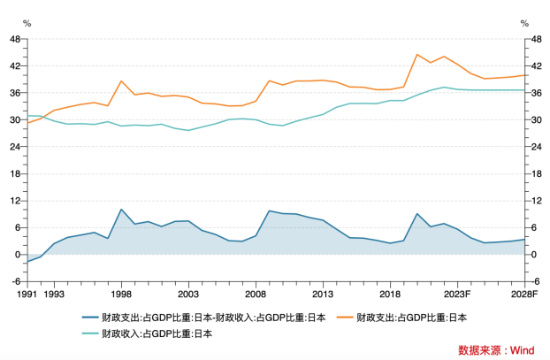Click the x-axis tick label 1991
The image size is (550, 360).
tap(27, 294)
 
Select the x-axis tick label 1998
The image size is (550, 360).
tap(121, 294)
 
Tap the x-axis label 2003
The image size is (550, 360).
tap(188, 294)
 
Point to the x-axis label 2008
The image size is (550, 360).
tap(256, 294)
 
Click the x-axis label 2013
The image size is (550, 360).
tap(323, 294)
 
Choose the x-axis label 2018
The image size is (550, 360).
tap(390, 294)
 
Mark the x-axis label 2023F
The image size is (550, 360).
tap(457, 294)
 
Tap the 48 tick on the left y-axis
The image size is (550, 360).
tap(15, 39)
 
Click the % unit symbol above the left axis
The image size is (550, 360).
tap(27, 23)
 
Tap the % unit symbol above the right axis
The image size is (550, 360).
tap(525, 23)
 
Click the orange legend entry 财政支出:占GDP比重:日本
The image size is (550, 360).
tap(411, 318)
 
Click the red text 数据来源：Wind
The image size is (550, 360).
tap(495, 349)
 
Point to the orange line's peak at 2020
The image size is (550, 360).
tap(417, 55)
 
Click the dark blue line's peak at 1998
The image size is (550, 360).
tap(121, 210)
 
